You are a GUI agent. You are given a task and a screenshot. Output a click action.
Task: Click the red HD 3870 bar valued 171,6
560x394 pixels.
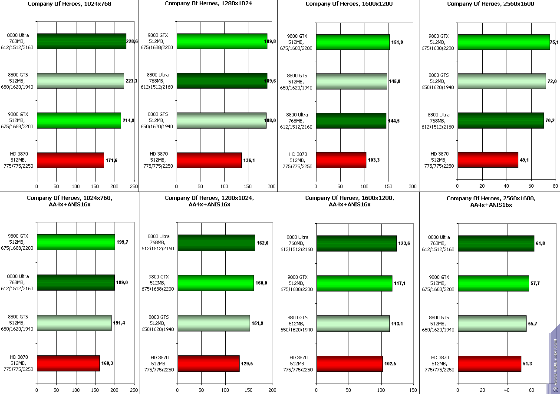coord(70,160)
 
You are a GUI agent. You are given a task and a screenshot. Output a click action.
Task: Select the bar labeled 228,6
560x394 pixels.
coord(81,41)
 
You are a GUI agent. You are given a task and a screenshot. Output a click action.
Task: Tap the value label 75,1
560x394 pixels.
coord(557,43)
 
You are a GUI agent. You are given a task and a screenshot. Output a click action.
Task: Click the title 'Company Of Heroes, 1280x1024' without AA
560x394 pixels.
coord(208,3)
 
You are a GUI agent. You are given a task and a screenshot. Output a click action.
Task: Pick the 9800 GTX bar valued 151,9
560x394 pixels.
coord(352,42)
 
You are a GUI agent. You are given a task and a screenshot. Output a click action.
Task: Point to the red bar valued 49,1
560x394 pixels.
coord(488,159)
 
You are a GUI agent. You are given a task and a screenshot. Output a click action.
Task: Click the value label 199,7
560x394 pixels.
coord(122,242)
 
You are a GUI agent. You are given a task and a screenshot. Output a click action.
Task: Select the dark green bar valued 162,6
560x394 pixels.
coord(216,243)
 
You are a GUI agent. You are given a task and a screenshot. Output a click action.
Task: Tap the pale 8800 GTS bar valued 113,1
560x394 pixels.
coord(352,323)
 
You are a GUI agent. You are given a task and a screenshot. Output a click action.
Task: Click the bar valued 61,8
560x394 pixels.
coord(496,243)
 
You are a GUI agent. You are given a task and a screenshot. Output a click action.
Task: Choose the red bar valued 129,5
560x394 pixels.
coord(208,363)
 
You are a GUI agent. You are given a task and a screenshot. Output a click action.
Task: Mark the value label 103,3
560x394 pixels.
coord(374,160)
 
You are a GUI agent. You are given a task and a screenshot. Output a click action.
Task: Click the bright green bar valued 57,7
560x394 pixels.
coord(493,283)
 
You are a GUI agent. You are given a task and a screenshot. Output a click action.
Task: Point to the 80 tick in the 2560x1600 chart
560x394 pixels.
coord(555,186)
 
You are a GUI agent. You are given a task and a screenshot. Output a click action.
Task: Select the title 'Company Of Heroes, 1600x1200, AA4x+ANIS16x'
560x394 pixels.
coord(349,201)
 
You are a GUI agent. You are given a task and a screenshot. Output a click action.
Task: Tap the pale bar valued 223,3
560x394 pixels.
coord(80,81)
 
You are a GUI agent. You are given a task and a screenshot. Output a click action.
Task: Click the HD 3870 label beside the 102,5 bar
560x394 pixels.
coord(298,364)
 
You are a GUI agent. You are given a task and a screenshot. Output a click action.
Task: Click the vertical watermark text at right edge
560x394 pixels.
coord(555,365)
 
